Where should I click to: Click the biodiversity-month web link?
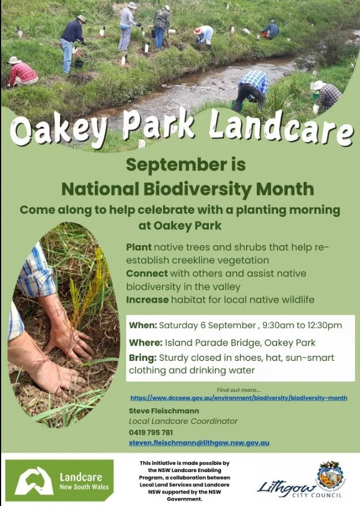point(239,398)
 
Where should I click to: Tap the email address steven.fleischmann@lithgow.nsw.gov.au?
point(199,443)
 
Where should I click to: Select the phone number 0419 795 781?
point(151,432)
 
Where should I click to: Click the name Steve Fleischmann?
point(164,411)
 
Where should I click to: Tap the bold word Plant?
point(139,247)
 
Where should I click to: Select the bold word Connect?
point(147,273)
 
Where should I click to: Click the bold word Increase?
point(147,300)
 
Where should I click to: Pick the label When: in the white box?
point(143,325)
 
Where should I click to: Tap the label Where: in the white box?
point(146,342)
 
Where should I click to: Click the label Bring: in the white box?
point(143,358)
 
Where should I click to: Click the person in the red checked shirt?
point(22,72)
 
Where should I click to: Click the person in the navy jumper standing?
point(72,43)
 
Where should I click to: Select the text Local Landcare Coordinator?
point(183,421)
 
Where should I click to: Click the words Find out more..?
point(239,390)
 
